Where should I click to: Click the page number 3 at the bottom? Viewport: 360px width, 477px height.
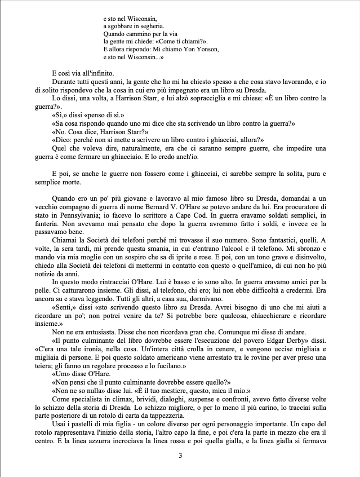pos(180,456)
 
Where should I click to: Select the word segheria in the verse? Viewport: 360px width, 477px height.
pos(147,25)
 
